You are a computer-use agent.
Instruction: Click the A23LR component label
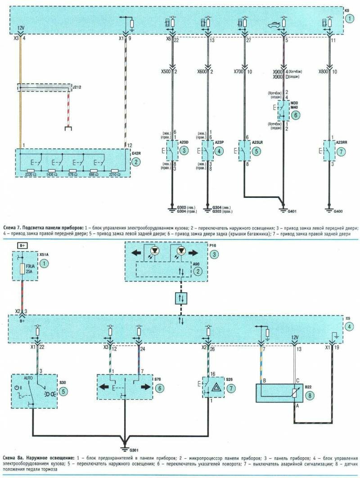(258, 142)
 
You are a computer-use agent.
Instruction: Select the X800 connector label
(324, 71)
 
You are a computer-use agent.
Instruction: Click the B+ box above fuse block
(22, 245)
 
